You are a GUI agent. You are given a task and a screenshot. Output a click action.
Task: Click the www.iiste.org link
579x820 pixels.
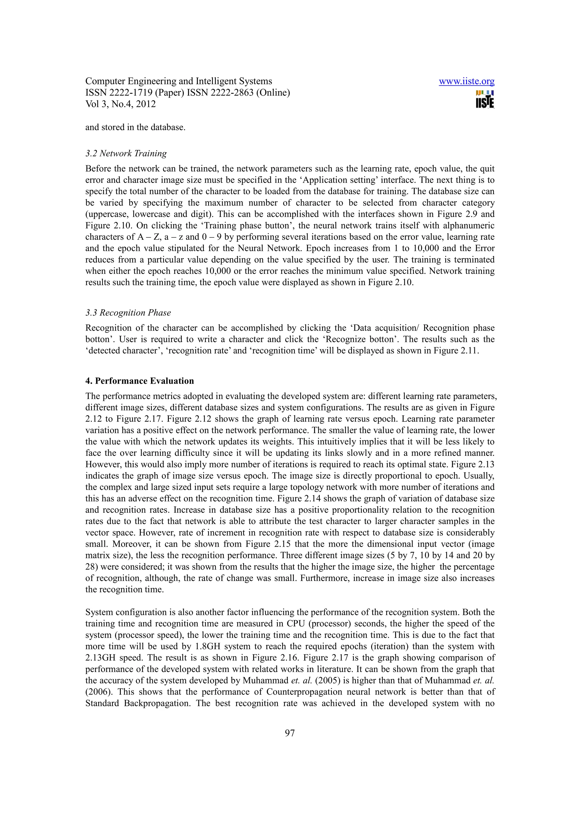466,81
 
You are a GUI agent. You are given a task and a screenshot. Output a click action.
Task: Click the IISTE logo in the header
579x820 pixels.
485,99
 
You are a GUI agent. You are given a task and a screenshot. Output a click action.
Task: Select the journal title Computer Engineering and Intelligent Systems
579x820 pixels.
178,81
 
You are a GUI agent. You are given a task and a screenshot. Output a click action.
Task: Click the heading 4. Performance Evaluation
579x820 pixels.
139,381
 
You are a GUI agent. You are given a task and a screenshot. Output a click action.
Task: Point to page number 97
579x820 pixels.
290,733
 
